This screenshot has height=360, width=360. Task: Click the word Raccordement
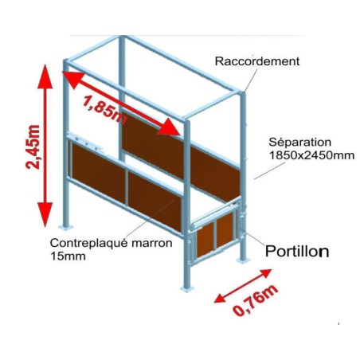pos(257,61)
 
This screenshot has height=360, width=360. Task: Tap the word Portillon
pos(297,251)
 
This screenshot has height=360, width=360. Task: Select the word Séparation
pos(299,143)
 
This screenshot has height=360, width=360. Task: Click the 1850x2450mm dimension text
pos(311,155)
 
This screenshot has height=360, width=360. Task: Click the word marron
pos(151,243)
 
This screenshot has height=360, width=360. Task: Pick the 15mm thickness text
pos(68,256)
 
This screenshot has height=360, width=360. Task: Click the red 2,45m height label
pos(33,147)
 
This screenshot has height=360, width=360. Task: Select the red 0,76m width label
pos(256,300)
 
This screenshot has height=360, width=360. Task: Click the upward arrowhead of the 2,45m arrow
pos(45,76)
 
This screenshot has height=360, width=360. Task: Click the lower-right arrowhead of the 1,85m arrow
pos(169,127)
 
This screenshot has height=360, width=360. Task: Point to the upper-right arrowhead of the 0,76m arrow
pos(264,273)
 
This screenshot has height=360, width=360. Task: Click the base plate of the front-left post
pos(65,228)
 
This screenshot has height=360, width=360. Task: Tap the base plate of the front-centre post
pos(187,289)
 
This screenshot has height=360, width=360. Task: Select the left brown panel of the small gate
pos(205,241)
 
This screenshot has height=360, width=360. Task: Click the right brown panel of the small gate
pos(225,230)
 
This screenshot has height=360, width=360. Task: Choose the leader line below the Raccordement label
pos(251,80)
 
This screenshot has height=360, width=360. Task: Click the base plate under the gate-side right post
pos(243,260)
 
